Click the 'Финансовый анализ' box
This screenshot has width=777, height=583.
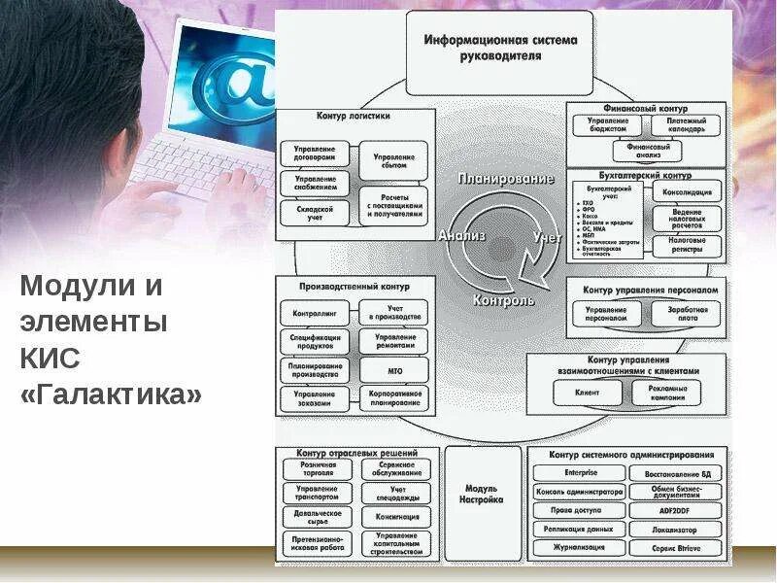(648, 151)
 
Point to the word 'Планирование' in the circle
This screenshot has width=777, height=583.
(506, 179)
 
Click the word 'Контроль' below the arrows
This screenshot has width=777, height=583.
(503, 301)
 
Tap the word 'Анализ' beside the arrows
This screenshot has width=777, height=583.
(456, 235)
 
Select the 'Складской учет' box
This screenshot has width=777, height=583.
(315, 213)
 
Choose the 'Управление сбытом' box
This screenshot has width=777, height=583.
(393, 161)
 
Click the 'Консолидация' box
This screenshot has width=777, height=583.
(687, 189)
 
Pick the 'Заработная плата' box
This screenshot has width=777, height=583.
(687, 314)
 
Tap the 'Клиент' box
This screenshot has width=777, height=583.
(586, 392)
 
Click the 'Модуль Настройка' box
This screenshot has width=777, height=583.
(481, 495)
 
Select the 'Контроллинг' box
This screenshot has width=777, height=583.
(315, 314)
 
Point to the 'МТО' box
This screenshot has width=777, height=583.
(393, 370)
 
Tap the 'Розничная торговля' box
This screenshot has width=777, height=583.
(318, 469)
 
